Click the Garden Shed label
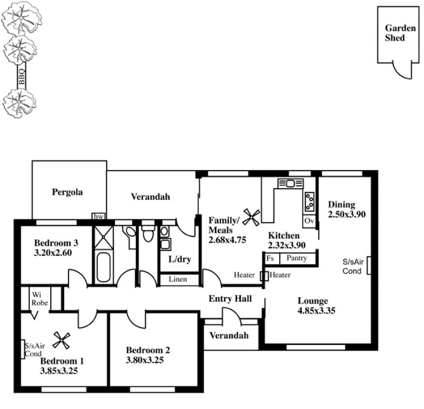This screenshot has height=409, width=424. coord(400,33)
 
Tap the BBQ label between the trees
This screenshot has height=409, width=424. coord(22,77)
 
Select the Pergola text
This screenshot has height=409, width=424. coord(67,192)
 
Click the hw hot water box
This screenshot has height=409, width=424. coord(99,217)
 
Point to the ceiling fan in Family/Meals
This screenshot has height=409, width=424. coord(251,217)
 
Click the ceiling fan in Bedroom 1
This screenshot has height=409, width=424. coord(61,340)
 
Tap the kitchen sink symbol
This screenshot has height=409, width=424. coord(290,183)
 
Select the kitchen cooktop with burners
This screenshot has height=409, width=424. coord(310,202)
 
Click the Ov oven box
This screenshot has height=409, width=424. coord(309,221)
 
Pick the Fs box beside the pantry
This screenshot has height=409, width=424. coord(271,259)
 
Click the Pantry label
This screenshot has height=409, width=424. coord(297,258)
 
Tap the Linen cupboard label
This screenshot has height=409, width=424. coord(178,279)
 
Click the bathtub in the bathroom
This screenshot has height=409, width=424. coord(103,268)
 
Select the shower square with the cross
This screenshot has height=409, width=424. coord(103,237)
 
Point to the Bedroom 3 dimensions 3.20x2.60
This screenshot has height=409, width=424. coord(53,253)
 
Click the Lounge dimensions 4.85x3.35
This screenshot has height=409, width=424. coord(316,310)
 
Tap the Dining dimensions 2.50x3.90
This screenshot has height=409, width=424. coord(347,215)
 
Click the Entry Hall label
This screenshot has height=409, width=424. coord(230,299)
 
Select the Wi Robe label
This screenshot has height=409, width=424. coord(39,299)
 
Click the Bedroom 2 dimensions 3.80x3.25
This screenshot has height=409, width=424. coord(145,360)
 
